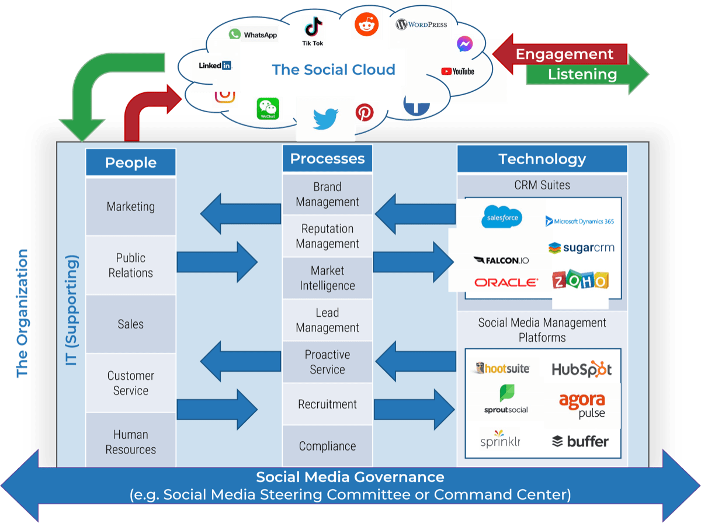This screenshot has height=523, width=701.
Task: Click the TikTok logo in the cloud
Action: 313,30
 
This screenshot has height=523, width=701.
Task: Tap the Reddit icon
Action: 367,25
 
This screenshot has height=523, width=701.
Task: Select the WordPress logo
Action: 421,25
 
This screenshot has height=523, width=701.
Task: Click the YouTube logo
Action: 457,71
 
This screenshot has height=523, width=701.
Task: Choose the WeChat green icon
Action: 268,109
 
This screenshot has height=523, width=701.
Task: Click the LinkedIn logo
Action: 214,65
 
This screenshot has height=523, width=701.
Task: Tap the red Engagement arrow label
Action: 564,54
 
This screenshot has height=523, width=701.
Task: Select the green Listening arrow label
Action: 582,74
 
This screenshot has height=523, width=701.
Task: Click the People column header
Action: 130,162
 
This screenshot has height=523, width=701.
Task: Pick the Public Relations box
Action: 130,265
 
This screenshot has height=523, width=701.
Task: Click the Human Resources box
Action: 130,442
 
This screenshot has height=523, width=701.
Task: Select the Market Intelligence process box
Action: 327,278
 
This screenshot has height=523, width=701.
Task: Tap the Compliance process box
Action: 327,446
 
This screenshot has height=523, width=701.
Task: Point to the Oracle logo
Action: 506,282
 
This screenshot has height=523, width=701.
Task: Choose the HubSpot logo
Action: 581,369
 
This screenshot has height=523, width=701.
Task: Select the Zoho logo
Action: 579,281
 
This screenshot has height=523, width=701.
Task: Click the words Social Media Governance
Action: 350,477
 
